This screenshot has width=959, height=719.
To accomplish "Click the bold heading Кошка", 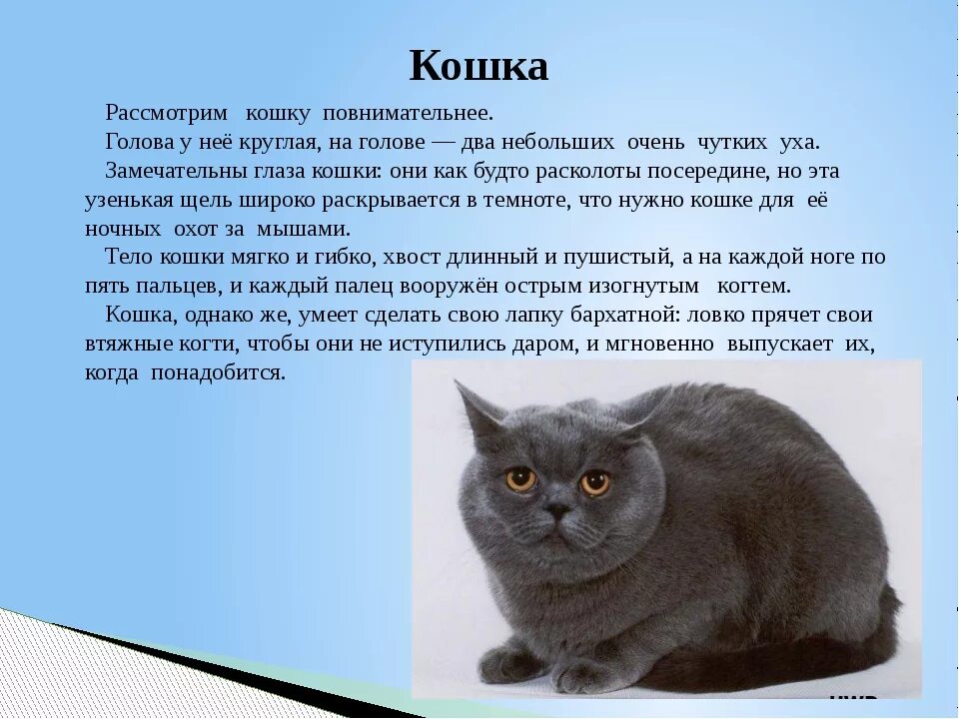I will click(479, 67).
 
